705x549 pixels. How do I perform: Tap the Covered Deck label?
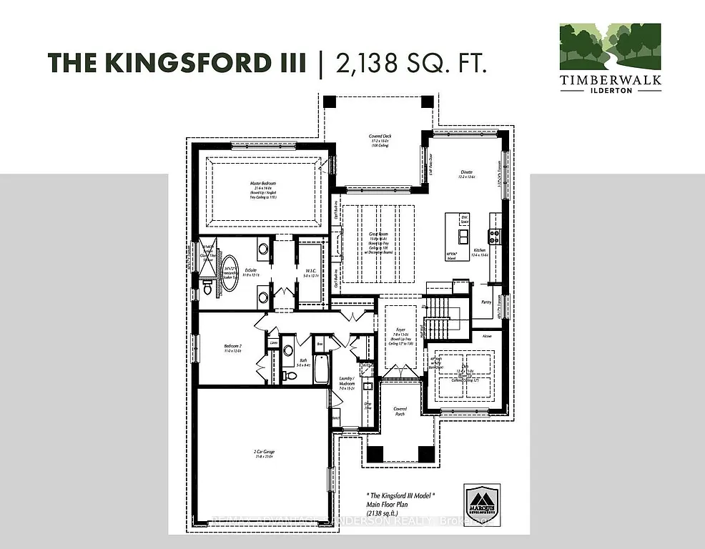pyautogui.click(x=380, y=136)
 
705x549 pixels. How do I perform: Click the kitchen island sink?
pyautogui.click(x=463, y=236)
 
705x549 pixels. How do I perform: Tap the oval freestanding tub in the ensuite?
pyautogui.click(x=229, y=271)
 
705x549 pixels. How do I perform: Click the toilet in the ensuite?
pyautogui.click(x=207, y=288)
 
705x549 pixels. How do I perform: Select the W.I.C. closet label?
pyautogui.click(x=310, y=269)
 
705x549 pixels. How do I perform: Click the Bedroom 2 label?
pyautogui.click(x=234, y=349)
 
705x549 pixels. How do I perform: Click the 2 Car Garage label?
pyautogui.click(x=265, y=452)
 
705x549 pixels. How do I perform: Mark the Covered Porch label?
pyautogui.click(x=400, y=412)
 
